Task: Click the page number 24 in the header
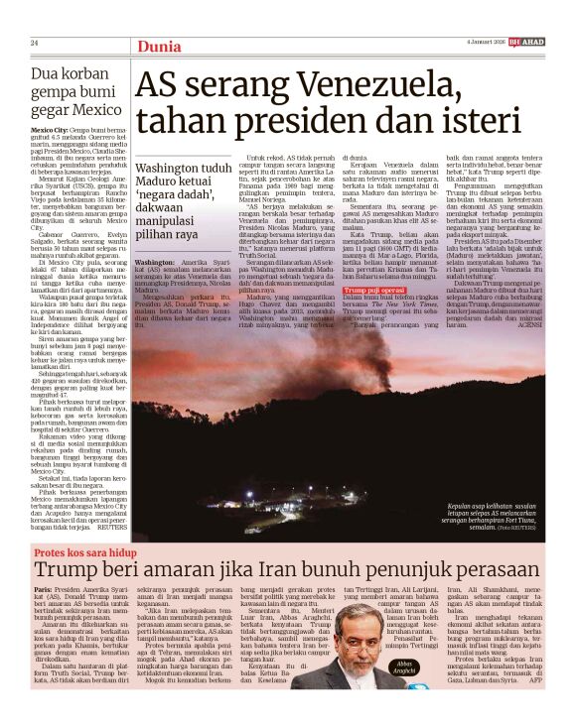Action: (x=34, y=43)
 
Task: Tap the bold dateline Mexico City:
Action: (x=55, y=131)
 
